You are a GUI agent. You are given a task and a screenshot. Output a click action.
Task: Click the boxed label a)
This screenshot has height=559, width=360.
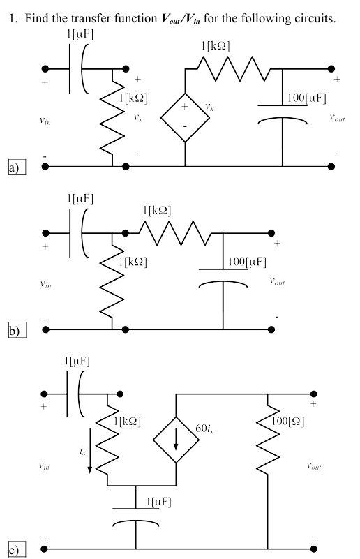pyautogui.click(x=13, y=167)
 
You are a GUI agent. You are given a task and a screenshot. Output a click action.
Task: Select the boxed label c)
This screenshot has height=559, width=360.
pyautogui.click(x=13, y=550)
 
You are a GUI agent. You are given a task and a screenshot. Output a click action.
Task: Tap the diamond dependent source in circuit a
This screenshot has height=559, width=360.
pyautogui.click(x=185, y=116)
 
